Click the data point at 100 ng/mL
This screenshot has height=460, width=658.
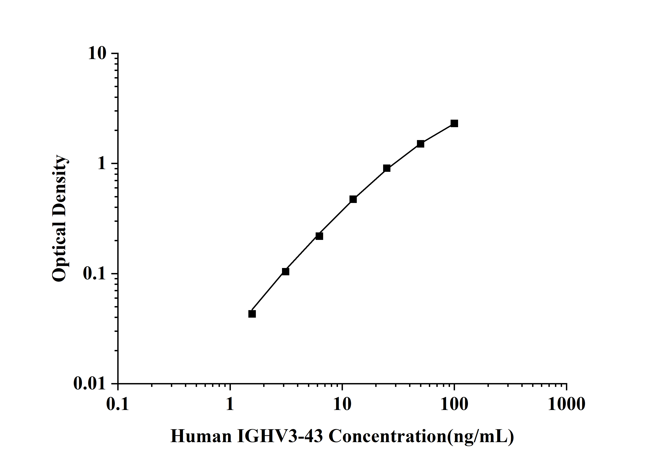click(454, 124)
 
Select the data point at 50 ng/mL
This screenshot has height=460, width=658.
click(420, 144)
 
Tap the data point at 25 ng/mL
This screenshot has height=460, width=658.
click(387, 168)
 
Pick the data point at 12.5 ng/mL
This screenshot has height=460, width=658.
click(353, 199)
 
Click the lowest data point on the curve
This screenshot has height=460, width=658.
click(252, 314)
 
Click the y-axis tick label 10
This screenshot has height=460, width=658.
click(97, 54)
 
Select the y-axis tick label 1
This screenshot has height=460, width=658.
click(101, 164)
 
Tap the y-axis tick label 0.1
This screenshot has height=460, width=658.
click(94, 274)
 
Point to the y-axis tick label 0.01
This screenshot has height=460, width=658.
click(89, 384)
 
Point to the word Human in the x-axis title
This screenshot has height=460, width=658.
click(201, 437)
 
